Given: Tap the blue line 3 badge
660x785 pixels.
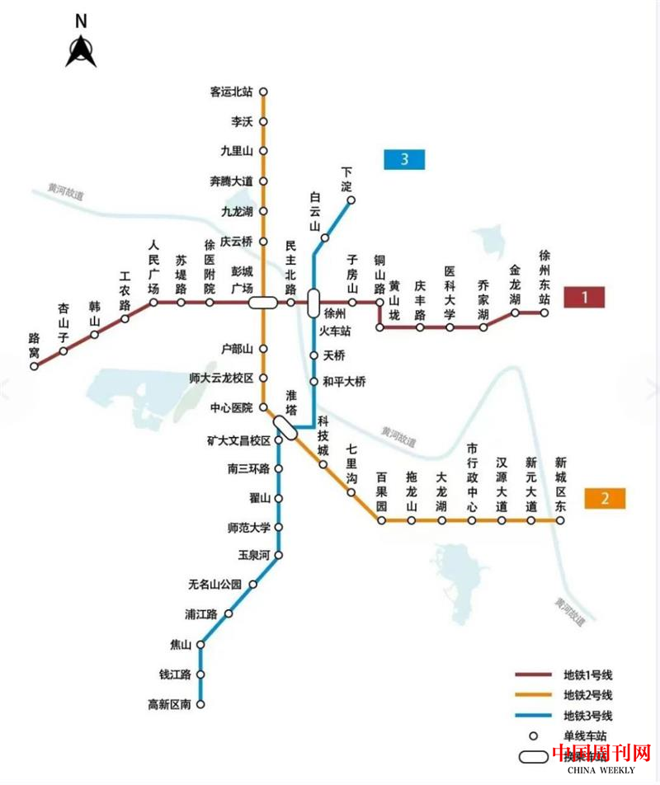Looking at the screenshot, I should pos(404,159).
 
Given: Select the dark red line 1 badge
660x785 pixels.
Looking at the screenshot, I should pos(585,297).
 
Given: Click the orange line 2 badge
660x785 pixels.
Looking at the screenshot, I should pos(605,498).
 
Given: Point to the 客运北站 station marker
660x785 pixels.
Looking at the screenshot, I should pos(264,92).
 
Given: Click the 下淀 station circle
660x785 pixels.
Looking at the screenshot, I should pos(351,200).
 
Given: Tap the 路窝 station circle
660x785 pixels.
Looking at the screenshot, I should pos(34,366).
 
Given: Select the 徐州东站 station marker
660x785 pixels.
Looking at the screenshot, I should pos(544,313).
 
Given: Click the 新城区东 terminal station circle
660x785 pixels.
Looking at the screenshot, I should pos(561,520).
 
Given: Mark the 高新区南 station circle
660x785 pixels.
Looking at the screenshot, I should pos(200,704).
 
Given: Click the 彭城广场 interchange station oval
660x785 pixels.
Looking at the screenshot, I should pos(264,303).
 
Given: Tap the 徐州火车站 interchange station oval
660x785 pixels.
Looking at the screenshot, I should pos(313,303).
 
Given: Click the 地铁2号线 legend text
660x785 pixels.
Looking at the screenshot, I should pos(588,695).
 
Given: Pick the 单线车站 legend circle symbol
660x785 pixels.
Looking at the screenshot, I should pos(534,736).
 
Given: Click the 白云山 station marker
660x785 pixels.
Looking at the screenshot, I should pos(325,237).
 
